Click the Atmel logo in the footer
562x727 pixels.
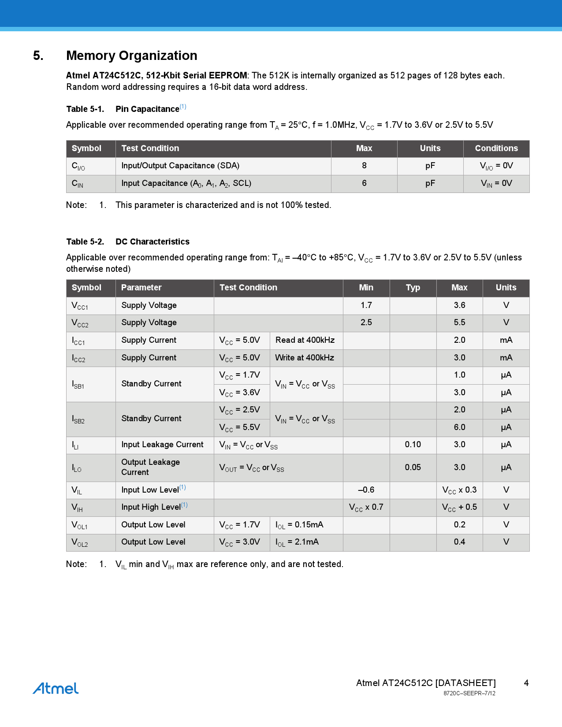click(56, 688)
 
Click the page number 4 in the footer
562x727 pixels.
click(526, 683)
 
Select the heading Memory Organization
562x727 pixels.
click(131, 56)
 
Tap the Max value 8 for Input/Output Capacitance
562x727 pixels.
click(364, 166)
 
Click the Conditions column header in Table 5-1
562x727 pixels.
click(496, 148)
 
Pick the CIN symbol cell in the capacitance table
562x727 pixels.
click(78, 184)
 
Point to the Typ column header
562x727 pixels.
click(413, 288)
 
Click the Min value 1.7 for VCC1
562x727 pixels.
click(366, 305)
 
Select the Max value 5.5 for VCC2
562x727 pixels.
click(459, 323)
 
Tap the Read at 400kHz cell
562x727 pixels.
click(305, 340)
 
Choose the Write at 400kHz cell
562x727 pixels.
click(305, 358)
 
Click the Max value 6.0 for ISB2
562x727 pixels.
click(459, 427)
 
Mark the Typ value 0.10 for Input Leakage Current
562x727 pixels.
click(413, 445)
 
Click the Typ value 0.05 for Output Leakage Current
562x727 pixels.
click(413, 467)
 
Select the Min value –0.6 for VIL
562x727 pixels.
click(366, 490)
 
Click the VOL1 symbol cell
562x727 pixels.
click(80, 525)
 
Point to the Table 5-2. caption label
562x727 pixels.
click(85, 241)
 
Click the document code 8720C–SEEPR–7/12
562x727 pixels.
click(469, 694)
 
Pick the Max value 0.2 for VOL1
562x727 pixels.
click(459, 525)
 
